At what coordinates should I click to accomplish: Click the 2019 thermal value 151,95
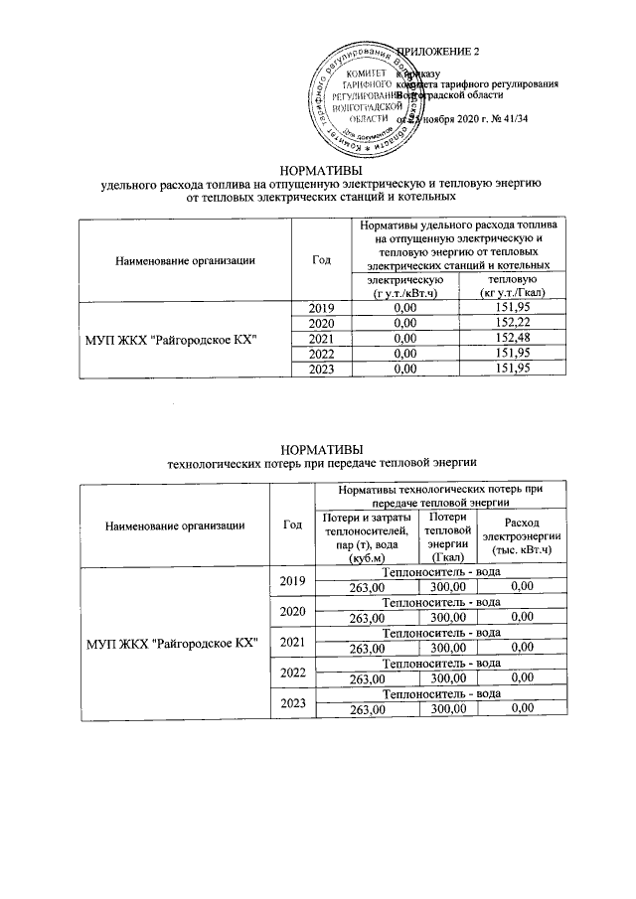coord(503,308)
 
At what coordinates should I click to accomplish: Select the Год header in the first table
coord(320,260)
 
